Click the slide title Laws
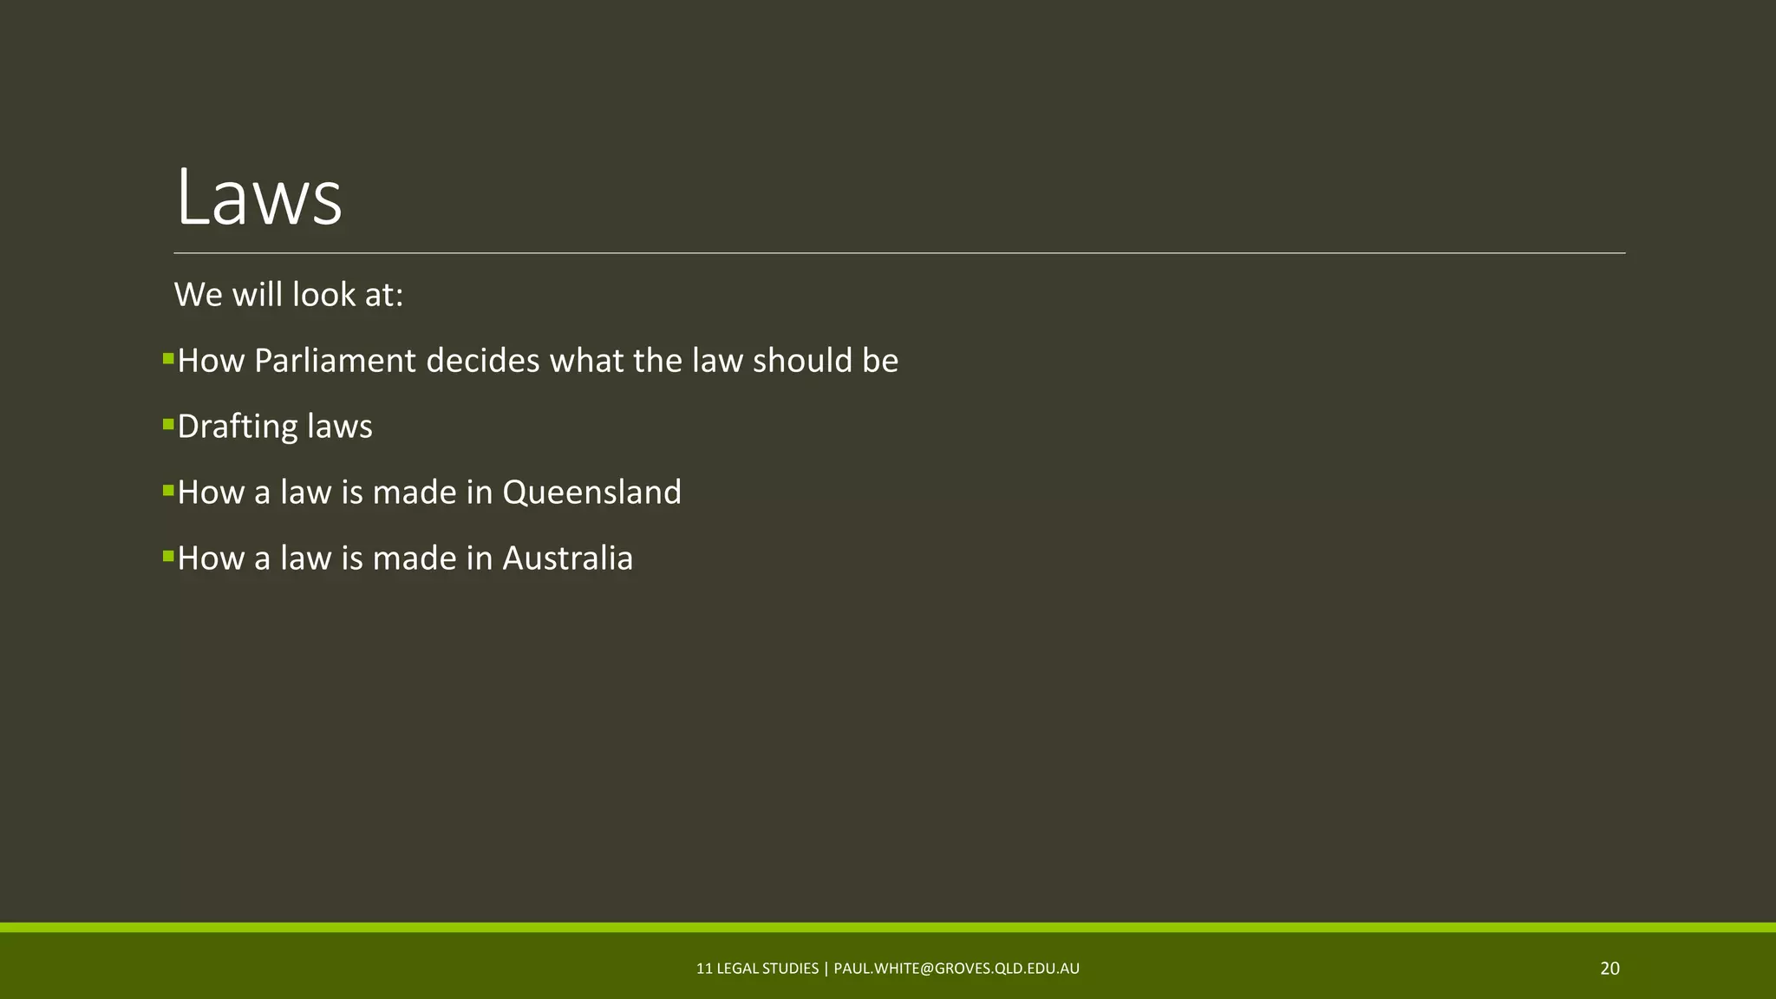258,199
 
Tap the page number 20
1609,969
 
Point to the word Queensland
591,493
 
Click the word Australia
567,558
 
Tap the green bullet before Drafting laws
168,424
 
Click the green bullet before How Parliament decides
168,358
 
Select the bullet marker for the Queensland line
168,490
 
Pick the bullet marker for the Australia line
168,556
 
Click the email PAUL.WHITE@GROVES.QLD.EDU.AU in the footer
957,969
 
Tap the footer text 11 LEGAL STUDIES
757,969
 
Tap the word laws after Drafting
340,427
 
